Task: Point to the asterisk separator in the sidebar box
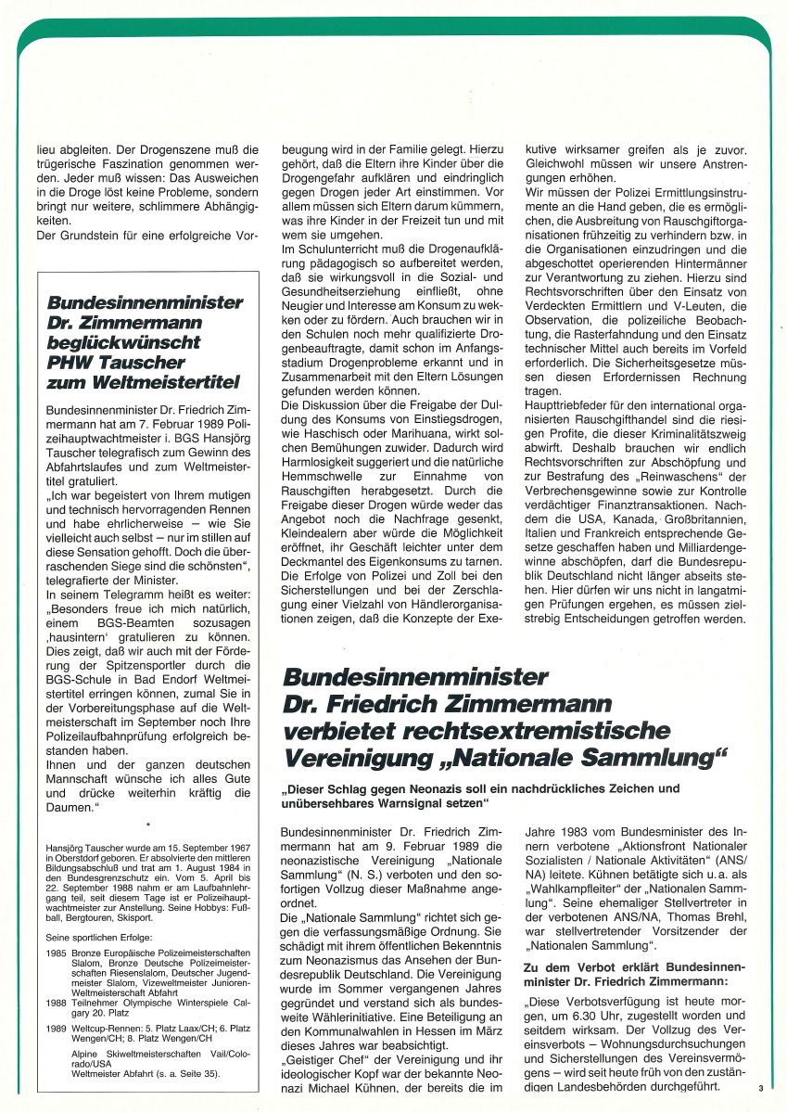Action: (147, 822)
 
